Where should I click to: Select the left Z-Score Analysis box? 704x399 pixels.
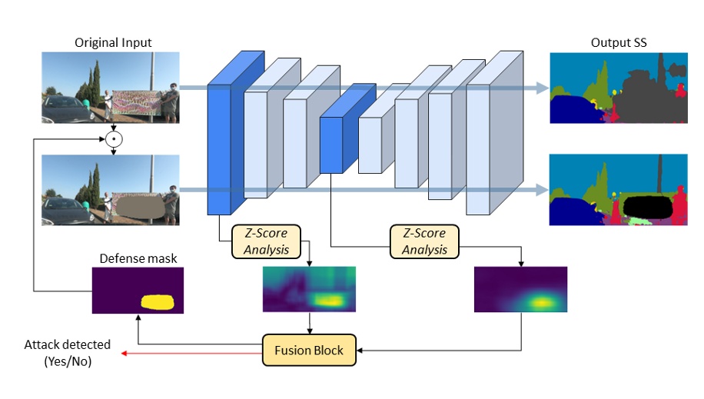pyautogui.click(x=265, y=242)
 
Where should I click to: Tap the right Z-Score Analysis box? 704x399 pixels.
pyautogui.click(x=424, y=242)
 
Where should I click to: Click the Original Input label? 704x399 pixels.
pyautogui.click(x=113, y=42)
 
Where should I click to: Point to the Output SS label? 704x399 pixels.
pyautogui.click(x=619, y=42)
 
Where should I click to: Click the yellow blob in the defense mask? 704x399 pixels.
pyautogui.click(x=158, y=301)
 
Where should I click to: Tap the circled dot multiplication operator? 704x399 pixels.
pyautogui.click(x=115, y=140)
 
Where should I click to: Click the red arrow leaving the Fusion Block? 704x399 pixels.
pyautogui.click(x=192, y=351)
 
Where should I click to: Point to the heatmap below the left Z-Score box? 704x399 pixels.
pyautogui.click(x=310, y=289)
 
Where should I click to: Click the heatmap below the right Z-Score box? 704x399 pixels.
pyautogui.click(x=520, y=289)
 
